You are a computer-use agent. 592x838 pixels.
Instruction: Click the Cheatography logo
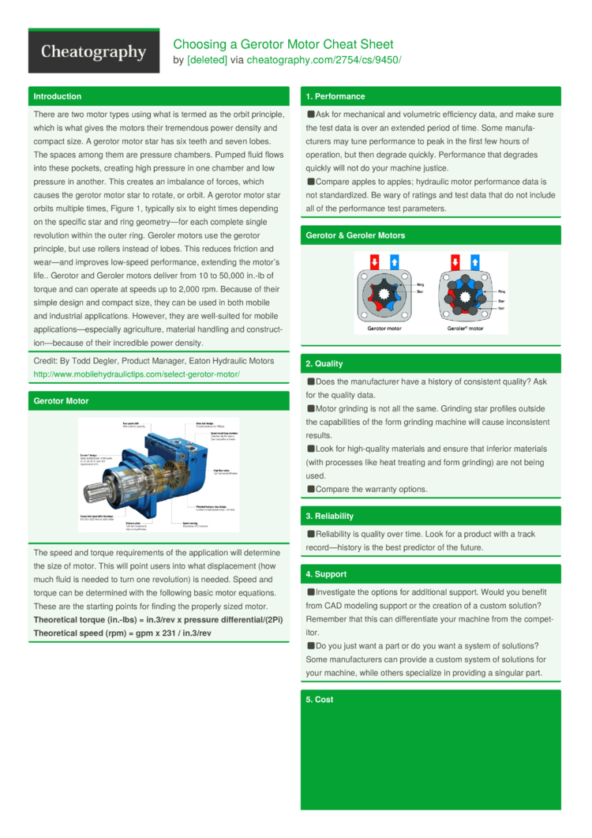[93, 52]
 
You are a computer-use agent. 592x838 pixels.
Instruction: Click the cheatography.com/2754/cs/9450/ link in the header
[324, 60]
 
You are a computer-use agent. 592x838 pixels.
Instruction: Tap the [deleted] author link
[207, 60]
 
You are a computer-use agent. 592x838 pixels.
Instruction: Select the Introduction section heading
[57, 96]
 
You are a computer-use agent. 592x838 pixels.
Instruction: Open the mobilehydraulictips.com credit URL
[137, 374]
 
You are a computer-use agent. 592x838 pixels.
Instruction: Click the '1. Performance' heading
[335, 96]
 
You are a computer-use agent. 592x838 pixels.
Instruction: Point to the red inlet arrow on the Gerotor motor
[374, 261]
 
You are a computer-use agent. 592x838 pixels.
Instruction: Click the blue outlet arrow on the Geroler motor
[475, 261]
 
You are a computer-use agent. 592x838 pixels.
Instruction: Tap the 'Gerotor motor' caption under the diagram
[384, 328]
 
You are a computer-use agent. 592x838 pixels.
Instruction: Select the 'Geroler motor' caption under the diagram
[465, 328]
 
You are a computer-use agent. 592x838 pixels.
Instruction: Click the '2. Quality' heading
[324, 364]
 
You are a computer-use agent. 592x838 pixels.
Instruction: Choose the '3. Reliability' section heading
[329, 517]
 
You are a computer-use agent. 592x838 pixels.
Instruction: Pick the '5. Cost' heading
[319, 700]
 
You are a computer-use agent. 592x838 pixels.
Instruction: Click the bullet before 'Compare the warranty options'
[311, 490]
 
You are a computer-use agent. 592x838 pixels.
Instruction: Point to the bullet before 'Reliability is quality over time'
[311, 535]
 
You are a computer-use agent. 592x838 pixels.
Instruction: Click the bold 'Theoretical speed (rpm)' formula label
[77, 633]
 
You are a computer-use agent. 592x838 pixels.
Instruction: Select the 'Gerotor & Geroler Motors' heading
[355, 235]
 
